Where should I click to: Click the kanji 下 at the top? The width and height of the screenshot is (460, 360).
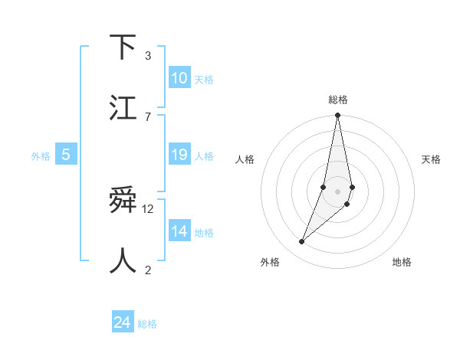pyautogui.click(x=123, y=47)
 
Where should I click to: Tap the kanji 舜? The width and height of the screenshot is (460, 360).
pyautogui.click(x=123, y=201)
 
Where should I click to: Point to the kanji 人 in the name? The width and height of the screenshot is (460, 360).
pyautogui.click(x=123, y=260)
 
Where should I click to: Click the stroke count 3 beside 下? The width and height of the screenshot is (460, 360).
pyautogui.click(x=147, y=56)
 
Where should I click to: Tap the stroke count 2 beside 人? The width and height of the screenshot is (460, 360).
pyautogui.click(x=147, y=270)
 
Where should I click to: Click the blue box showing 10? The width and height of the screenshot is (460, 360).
pyautogui.click(x=179, y=78)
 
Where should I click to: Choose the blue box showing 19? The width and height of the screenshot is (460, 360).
pyautogui.click(x=179, y=155)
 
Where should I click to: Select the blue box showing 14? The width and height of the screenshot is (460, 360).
pyautogui.click(x=179, y=231)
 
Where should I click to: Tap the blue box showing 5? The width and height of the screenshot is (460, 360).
pyautogui.click(x=66, y=155)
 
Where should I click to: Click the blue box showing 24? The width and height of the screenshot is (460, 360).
pyautogui.click(x=123, y=322)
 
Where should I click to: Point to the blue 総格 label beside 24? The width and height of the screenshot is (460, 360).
pyautogui.click(x=147, y=324)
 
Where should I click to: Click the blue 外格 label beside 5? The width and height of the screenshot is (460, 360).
pyautogui.click(x=41, y=156)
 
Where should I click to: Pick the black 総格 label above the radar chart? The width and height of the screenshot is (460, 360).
pyautogui.click(x=337, y=100)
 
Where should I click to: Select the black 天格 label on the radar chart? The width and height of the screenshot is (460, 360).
pyautogui.click(x=432, y=159)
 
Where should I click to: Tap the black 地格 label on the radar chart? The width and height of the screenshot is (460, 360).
pyautogui.click(x=402, y=262)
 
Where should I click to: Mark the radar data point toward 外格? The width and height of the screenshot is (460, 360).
pyautogui.click(x=301, y=241)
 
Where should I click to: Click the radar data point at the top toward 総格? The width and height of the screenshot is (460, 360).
pyautogui.click(x=337, y=116)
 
